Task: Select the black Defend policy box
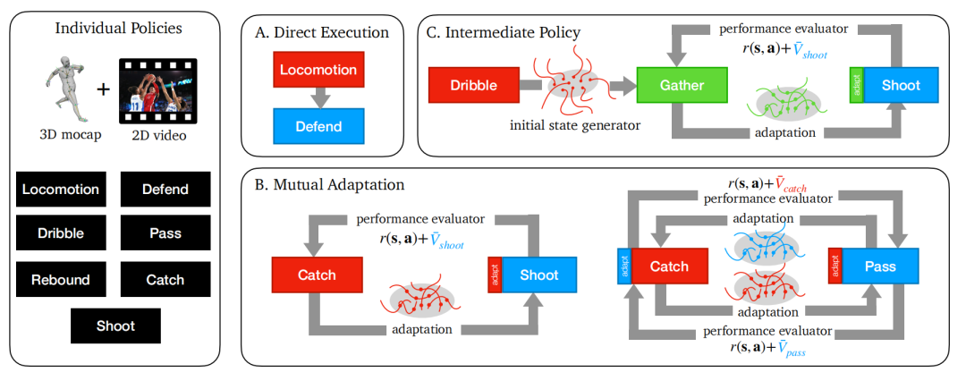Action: point(165,190)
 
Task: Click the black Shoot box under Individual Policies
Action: point(115,326)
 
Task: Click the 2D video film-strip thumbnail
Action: point(157,88)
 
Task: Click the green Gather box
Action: point(682,85)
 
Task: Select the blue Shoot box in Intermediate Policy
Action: point(900,86)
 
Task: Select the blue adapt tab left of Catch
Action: point(623,266)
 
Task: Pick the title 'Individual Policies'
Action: point(118,28)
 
